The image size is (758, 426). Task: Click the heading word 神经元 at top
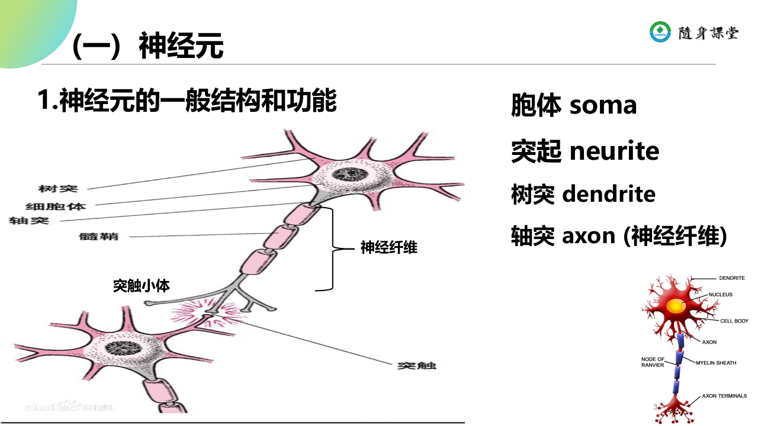pyautogui.click(x=181, y=46)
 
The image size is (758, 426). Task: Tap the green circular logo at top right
pyautogui.click(x=660, y=32)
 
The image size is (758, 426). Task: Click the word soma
pyautogui.click(x=603, y=105)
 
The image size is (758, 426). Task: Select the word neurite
pyautogui.click(x=614, y=151)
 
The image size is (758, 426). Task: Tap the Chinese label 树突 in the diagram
pyautogui.click(x=58, y=189)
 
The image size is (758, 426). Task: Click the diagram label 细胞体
pyautogui.click(x=56, y=206)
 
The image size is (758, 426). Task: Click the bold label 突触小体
pyautogui.click(x=142, y=286)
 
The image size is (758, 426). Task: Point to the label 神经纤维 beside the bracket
pyautogui.click(x=389, y=247)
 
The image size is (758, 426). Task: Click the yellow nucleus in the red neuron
pyautogui.click(x=675, y=306)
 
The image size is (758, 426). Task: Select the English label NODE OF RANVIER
pyautogui.click(x=653, y=362)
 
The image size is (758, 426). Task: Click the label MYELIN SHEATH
pyautogui.click(x=716, y=363)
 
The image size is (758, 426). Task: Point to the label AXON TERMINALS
pyautogui.click(x=724, y=396)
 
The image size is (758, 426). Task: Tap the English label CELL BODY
pyautogui.click(x=734, y=321)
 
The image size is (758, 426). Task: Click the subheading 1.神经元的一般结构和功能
pyautogui.click(x=187, y=101)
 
